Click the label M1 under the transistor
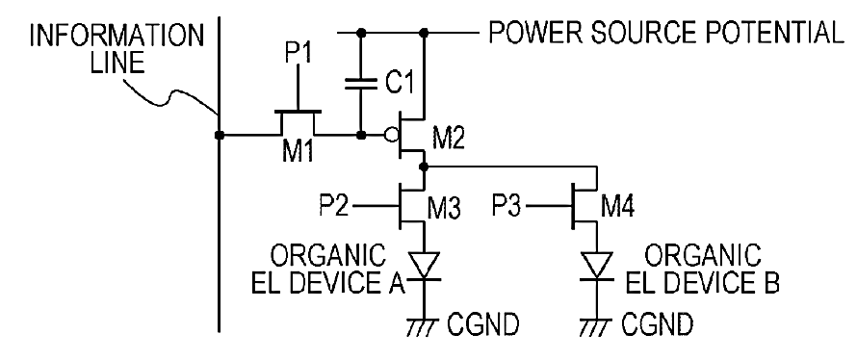click(x=298, y=151)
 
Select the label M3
click(x=444, y=208)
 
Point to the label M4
click(x=618, y=208)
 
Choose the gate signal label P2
click(x=334, y=207)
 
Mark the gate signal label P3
click(x=507, y=207)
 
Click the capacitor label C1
click(x=398, y=84)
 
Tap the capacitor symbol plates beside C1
click(x=361, y=84)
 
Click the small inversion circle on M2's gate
click(x=389, y=135)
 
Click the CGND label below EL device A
click(x=482, y=325)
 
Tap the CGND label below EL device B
click(x=657, y=325)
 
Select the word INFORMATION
click(x=117, y=37)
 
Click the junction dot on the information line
click(x=220, y=135)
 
